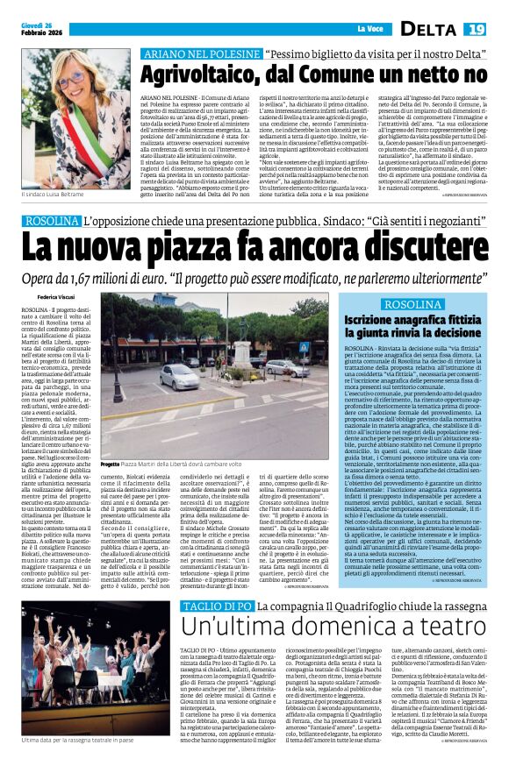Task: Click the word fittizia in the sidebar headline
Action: pos(455,322)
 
